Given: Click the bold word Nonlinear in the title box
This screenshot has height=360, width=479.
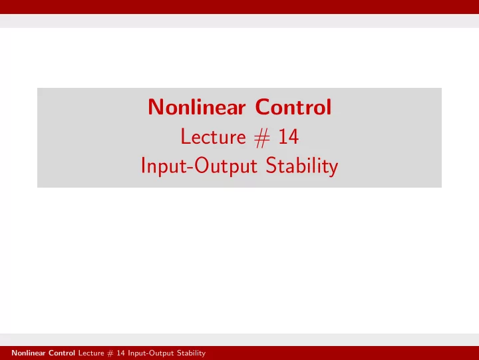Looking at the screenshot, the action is [197, 107].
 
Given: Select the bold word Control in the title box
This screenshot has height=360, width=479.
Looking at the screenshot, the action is [293, 107].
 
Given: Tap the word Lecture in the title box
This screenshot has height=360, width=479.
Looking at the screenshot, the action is [214, 136].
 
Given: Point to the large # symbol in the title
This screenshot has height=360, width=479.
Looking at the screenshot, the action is [262, 138].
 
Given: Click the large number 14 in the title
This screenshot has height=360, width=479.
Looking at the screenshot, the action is [288, 136].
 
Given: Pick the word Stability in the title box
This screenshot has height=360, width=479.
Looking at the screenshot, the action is [302, 166].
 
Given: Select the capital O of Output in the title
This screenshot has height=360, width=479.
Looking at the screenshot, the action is [202, 166].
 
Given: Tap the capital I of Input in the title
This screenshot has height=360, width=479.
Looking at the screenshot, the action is [143, 166].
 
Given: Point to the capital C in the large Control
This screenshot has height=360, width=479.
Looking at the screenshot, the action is [263, 107].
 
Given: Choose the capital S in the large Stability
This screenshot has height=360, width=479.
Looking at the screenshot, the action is [271, 166].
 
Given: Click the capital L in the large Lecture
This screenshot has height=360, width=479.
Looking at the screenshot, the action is [186, 136].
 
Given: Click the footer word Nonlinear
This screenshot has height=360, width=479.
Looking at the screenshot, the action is [29, 353].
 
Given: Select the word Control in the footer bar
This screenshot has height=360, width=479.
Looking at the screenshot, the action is [62, 353].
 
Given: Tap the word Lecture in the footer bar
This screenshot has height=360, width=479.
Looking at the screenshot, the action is [91, 353].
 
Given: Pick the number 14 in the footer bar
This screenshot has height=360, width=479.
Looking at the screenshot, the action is [120, 353].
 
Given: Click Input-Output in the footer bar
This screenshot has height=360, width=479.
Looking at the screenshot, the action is [151, 353].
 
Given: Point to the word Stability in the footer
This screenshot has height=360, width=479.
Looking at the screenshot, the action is [191, 353].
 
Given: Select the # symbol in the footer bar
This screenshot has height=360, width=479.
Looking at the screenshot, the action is [110, 353].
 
